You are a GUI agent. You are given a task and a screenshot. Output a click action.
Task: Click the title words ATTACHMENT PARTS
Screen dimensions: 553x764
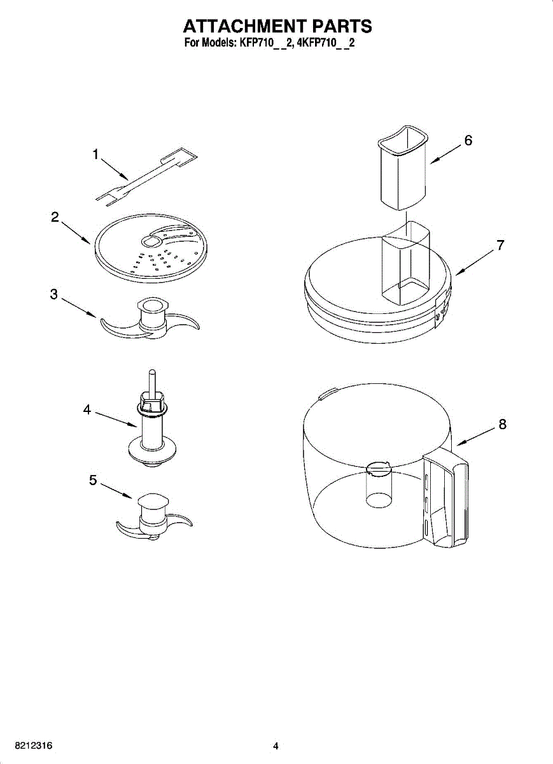coord(277,26)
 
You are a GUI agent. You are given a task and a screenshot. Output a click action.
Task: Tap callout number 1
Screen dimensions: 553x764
coord(95,154)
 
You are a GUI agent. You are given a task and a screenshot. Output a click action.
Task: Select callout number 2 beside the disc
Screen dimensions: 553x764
coord(55,216)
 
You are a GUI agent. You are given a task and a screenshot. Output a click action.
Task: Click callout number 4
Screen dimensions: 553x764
coord(87,410)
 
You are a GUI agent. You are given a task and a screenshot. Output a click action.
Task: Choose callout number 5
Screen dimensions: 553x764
coord(93,481)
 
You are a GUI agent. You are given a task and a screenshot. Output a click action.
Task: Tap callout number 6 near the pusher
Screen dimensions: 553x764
coord(468,141)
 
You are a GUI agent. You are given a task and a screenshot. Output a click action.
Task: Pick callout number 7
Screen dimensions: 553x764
coord(501,244)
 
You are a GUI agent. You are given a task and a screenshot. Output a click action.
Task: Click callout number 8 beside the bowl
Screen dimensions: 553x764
coord(503,423)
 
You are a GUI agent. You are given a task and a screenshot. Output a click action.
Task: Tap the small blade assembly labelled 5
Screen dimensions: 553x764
coord(153,516)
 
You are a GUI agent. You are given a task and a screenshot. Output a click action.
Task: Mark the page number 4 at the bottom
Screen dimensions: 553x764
coord(276,746)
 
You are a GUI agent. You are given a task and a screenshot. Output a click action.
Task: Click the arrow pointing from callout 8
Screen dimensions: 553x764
coord(475,436)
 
